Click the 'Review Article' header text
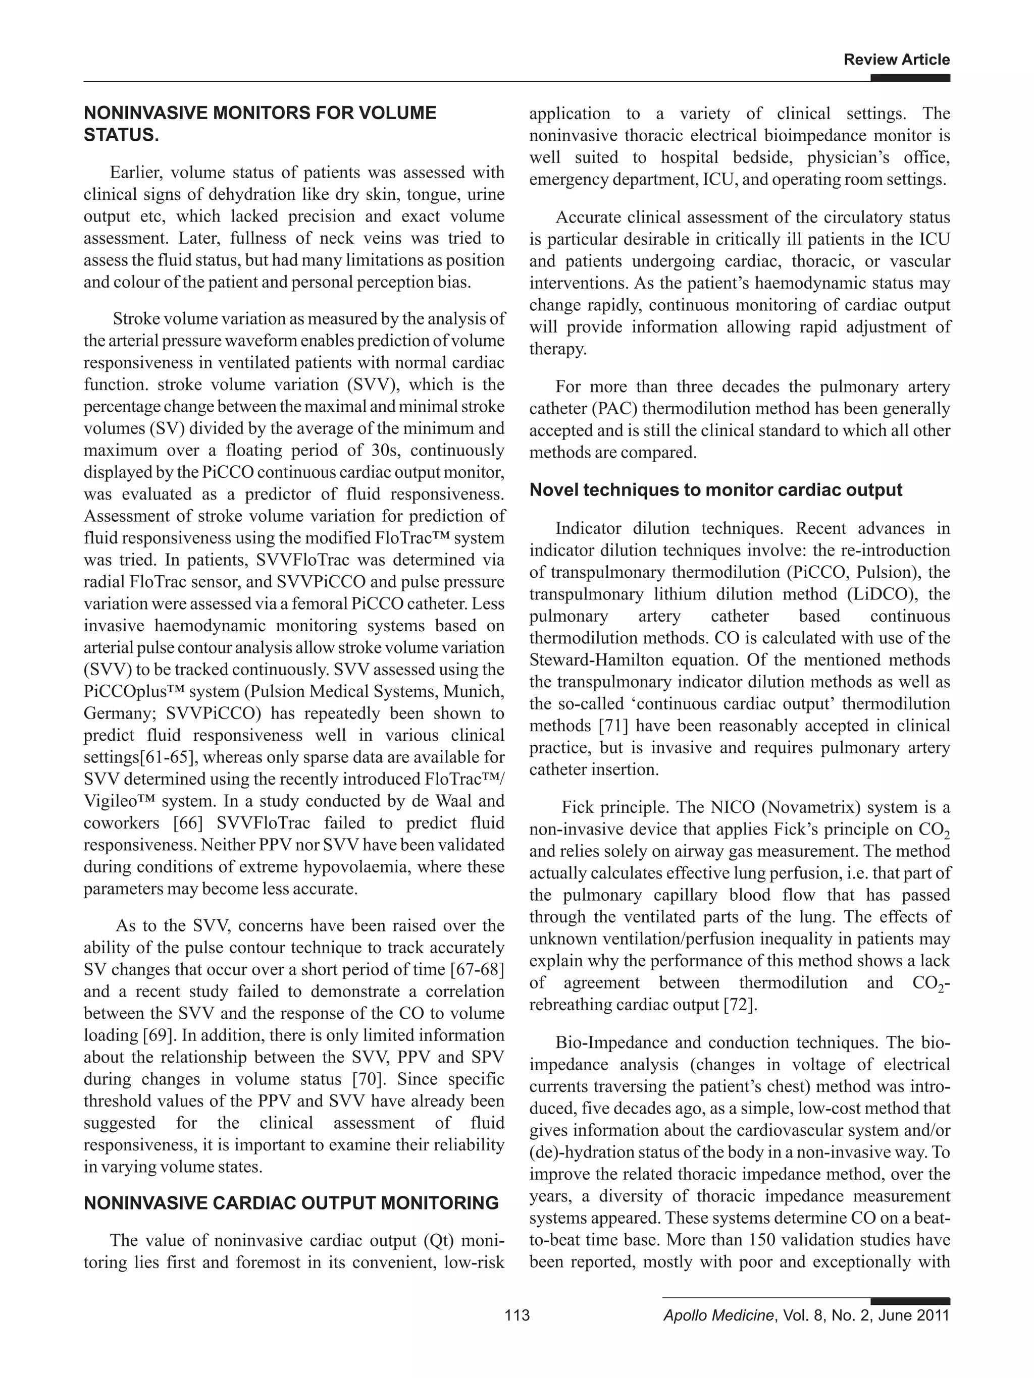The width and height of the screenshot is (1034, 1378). coord(896,60)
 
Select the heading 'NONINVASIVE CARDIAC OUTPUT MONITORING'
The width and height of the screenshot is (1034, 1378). coord(291,1203)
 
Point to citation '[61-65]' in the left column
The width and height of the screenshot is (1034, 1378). coord(163,757)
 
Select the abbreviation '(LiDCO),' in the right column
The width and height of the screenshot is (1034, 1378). coord(882,594)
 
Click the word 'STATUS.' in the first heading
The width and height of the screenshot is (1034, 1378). coord(121,135)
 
